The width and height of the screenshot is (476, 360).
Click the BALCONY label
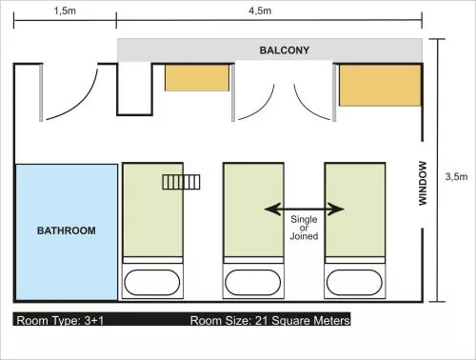click(285, 50)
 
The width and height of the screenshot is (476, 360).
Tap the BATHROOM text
click(67, 230)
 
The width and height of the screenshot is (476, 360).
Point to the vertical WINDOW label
click(423, 183)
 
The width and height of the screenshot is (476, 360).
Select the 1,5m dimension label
click(65, 10)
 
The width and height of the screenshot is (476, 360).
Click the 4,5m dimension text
click(260, 10)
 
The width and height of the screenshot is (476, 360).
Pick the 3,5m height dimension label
click(456, 176)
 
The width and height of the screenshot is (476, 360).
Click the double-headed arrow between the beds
click(305, 210)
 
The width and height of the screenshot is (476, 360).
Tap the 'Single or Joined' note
click(304, 228)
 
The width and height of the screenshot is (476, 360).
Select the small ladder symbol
click(181, 182)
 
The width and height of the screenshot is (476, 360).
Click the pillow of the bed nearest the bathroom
click(152, 282)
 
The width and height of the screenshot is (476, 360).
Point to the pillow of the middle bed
click(253, 282)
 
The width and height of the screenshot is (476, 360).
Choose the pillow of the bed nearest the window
click(354, 282)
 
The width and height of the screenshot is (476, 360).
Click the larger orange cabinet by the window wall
click(380, 85)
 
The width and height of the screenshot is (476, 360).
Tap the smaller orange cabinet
click(197, 78)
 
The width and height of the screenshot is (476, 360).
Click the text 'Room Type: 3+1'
click(60, 320)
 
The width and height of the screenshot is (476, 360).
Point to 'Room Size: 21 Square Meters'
click(269, 320)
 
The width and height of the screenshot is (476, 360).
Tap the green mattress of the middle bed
click(253, 210)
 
